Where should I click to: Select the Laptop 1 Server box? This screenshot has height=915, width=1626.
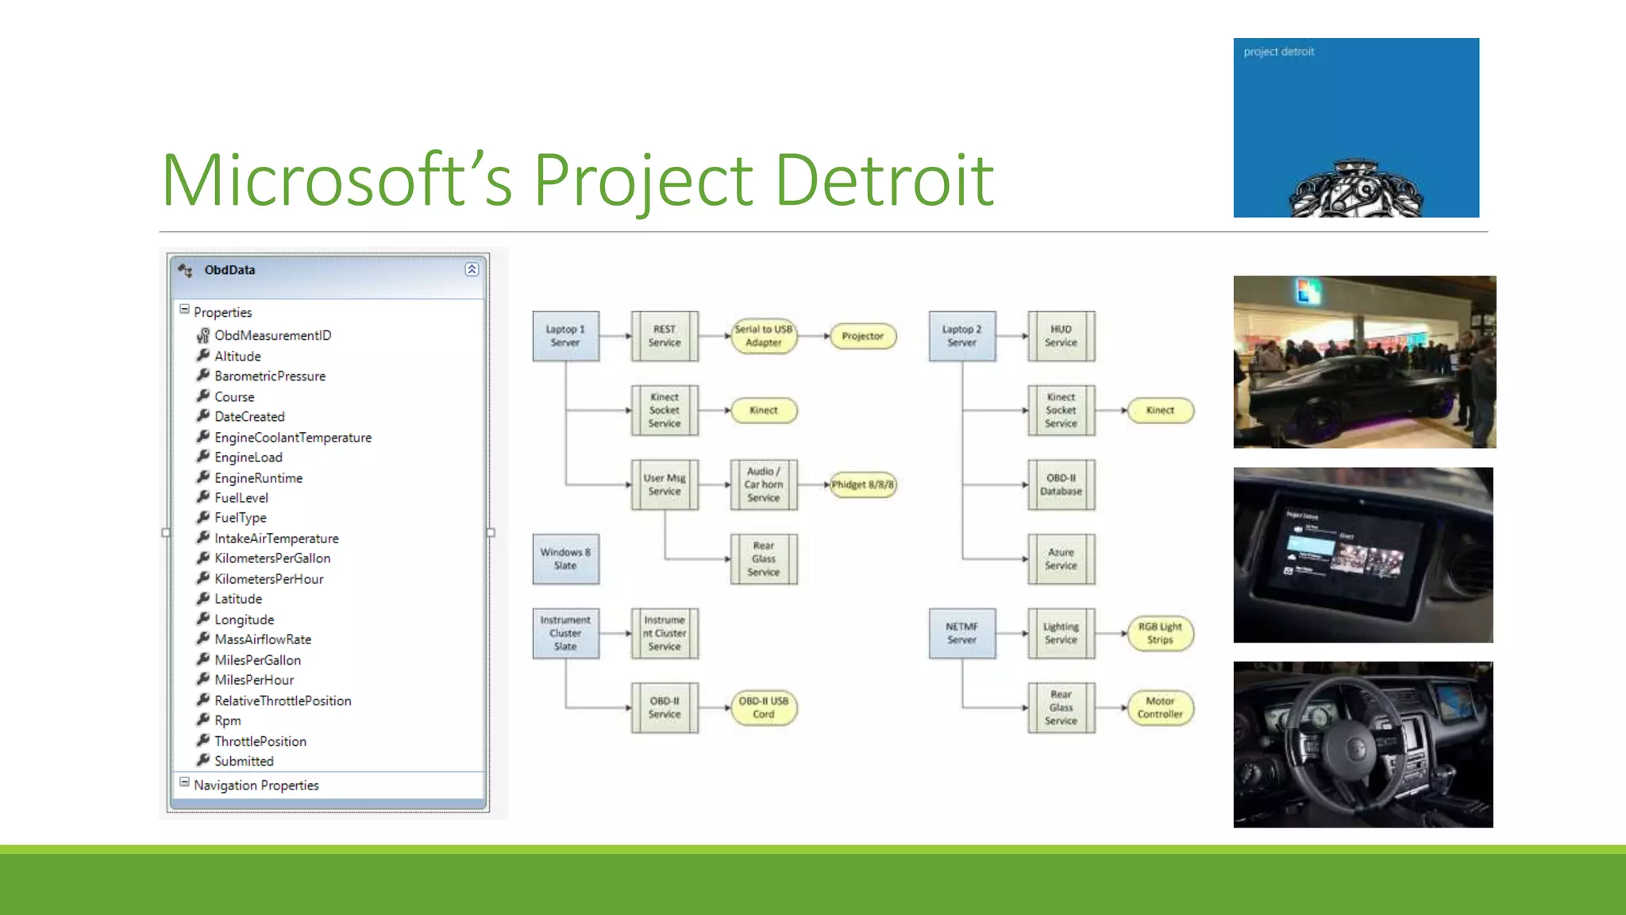[565, 336]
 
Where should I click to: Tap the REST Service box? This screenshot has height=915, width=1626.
[665, 336]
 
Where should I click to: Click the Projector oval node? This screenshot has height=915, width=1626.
[862, 336]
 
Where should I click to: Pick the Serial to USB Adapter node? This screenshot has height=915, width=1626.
[763, 336]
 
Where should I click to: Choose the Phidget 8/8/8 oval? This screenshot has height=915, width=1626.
[862, 485]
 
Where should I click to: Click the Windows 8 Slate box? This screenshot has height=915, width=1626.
[565, 559]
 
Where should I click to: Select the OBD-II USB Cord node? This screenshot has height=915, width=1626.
[763, 708]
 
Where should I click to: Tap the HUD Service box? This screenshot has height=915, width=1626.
[1061, 336]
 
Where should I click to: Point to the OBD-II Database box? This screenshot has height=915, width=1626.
[1061, 485]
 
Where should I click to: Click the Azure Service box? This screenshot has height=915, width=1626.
[1061, 559]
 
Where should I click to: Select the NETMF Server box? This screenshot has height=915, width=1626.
[961, 633]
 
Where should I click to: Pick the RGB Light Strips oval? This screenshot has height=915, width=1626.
[1160, 633]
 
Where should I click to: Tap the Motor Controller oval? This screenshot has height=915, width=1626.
[1160, 708]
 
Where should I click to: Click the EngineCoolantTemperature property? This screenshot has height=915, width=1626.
[292, 438]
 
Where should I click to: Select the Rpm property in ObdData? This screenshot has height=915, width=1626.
[227, 721]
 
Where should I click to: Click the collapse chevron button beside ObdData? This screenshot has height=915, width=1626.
[472, 270]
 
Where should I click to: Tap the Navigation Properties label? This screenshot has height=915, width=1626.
[256, 786]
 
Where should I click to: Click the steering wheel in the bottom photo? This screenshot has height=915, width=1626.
[1350, 747]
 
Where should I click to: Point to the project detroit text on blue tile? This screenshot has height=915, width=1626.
[1278, 52]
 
